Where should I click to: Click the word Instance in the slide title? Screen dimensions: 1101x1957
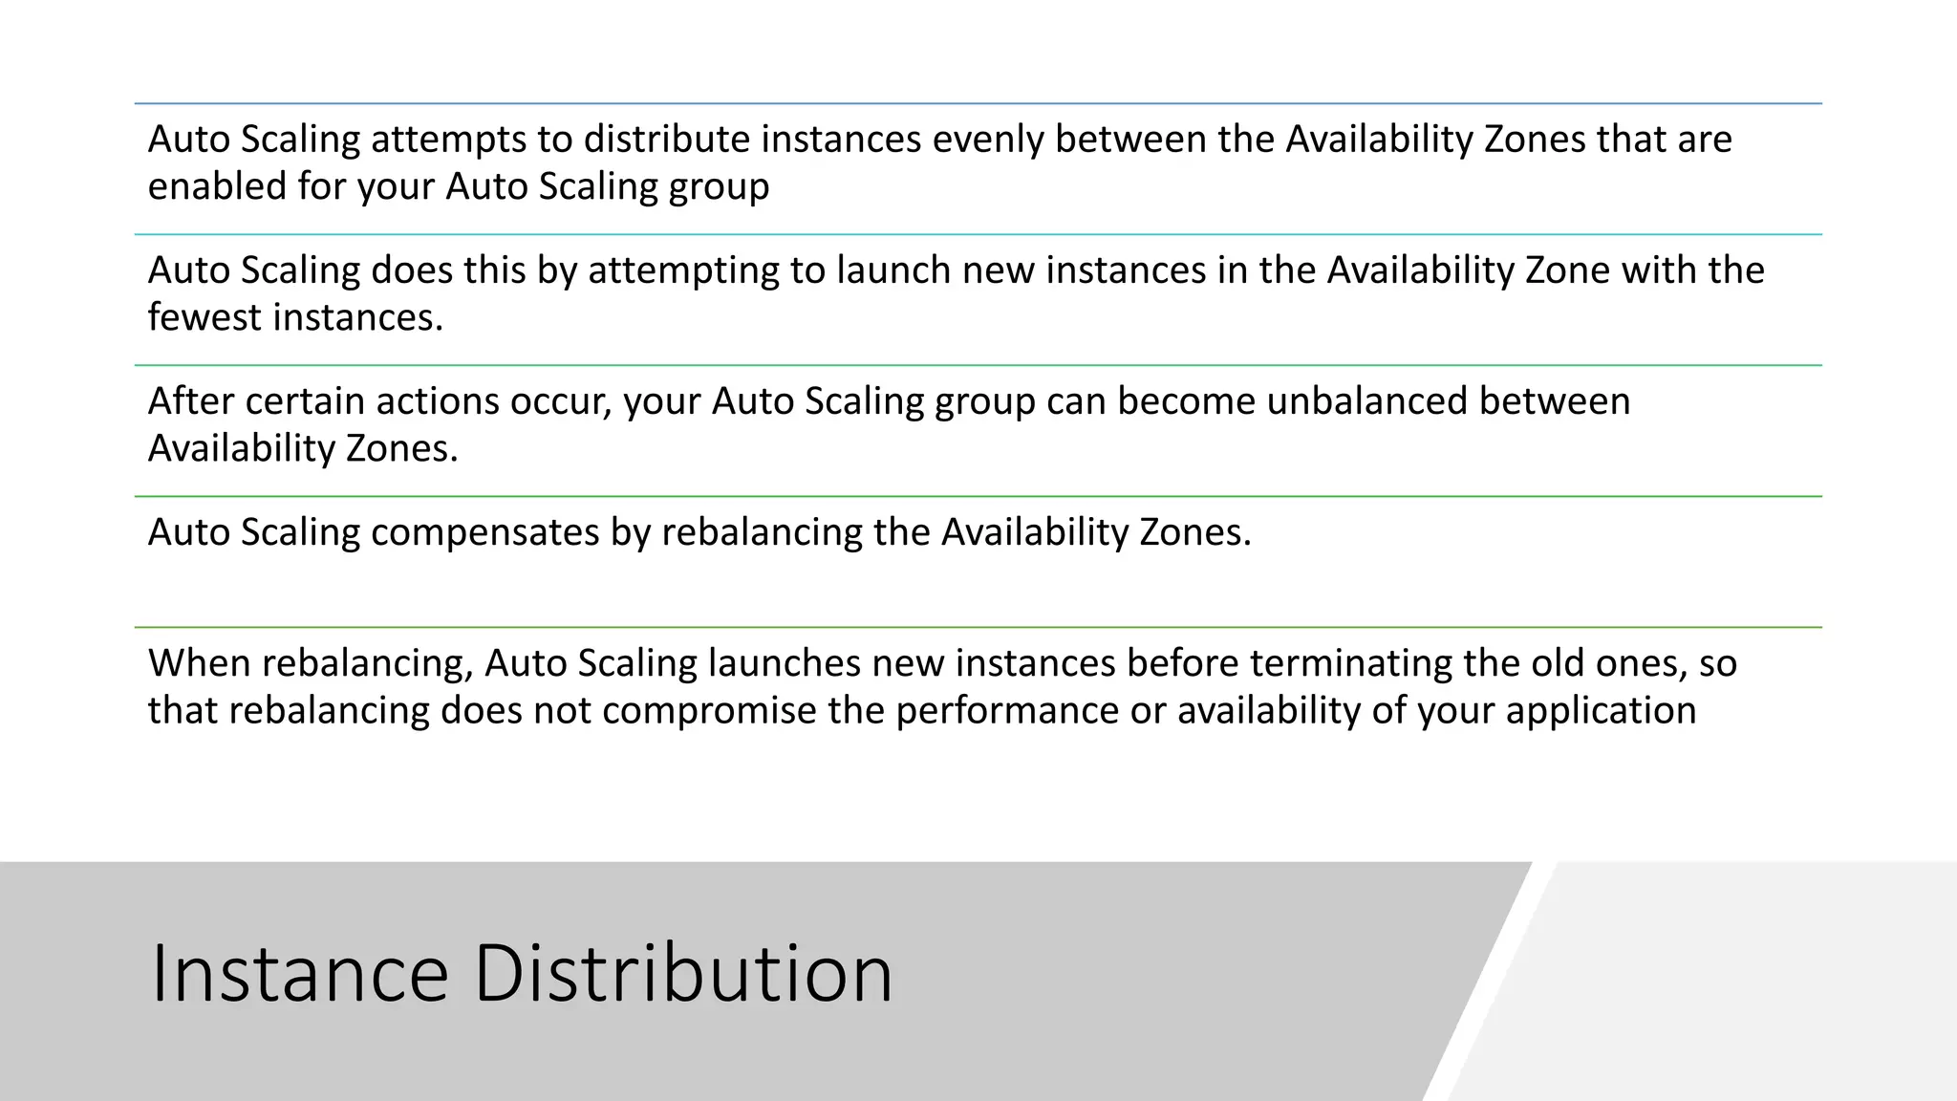click(299, 973)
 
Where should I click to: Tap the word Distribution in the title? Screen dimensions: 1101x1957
click(683, 973)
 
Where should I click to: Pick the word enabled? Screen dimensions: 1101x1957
click(217, 186)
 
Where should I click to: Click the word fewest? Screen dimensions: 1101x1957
click(204, 317)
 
